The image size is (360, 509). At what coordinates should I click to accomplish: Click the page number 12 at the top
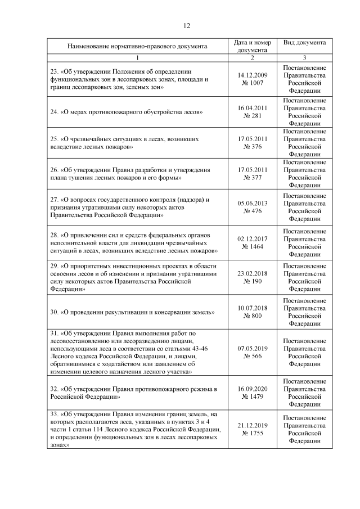tap(188, 25)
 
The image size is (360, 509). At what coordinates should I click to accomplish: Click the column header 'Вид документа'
tap(304, 43)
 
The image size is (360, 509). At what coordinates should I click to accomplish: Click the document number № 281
tap(253, 115)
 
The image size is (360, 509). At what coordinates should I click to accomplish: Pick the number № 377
tap(253, 177)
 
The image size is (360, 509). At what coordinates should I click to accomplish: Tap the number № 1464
tap(253, 246)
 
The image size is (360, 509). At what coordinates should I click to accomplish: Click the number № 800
tap(253, 316)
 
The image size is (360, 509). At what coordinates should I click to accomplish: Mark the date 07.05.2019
tap(253, 348)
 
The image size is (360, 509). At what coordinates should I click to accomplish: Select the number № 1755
tap(253, 433)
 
